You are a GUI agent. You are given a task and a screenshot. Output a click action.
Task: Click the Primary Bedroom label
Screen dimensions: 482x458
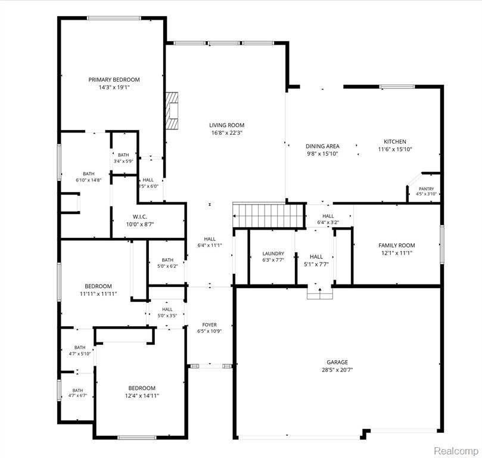[114, 80]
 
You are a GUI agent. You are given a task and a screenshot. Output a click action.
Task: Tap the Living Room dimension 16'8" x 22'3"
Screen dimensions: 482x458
[227, 133]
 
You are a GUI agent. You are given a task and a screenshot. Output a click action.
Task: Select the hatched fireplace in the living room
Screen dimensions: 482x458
[172, 110]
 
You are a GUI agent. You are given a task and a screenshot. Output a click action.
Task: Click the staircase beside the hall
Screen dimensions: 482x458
[269, 215]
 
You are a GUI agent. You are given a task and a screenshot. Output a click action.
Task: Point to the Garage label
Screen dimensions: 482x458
[337, 363]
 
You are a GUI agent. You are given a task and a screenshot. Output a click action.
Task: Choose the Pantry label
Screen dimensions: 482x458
[427, 189]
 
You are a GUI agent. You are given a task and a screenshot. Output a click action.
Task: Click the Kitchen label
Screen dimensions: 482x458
[395, 141]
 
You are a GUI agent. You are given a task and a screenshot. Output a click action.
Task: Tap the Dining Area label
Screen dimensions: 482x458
[322, 147]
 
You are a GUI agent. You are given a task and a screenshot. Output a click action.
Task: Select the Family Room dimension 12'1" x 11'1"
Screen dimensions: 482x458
[397, 253]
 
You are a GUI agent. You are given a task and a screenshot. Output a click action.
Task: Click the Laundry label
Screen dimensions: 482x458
[273, 253]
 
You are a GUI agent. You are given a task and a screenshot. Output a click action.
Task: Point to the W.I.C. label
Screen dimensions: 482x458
[140, 217]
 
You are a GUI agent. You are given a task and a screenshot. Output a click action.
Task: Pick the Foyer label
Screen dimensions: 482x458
[209, 324]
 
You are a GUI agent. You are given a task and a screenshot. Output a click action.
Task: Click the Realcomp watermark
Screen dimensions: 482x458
[456, 451]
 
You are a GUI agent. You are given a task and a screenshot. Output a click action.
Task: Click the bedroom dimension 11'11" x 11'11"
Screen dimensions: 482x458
[98, 294]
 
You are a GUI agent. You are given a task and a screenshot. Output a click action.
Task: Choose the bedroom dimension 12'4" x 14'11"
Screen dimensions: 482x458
[142, 396]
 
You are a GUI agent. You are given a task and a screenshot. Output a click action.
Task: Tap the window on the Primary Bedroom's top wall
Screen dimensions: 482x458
[114, 18]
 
